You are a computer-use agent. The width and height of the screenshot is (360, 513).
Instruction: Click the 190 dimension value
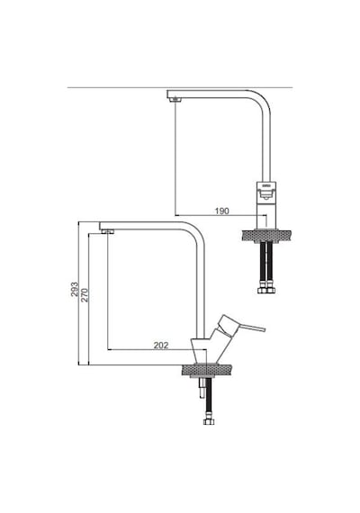222,211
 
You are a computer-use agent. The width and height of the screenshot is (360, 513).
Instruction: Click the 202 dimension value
161,346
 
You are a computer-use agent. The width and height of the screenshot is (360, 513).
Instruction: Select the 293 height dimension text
75,289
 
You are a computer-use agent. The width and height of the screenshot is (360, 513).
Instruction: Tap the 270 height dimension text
85,295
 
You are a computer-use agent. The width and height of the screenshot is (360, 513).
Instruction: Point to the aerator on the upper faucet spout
176,98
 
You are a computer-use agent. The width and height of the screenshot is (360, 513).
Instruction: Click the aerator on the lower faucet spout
108,232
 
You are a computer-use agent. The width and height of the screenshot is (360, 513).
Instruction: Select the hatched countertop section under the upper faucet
266,236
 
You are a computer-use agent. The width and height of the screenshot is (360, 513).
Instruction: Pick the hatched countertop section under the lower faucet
206,371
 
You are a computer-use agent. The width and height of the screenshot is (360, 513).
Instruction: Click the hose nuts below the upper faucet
266,290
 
